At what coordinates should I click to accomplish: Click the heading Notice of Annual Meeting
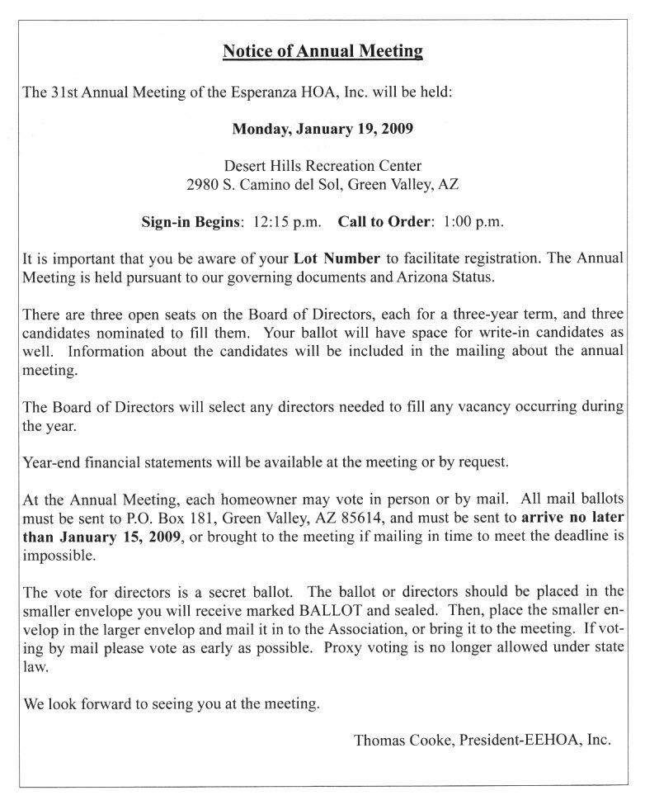pos(322,52)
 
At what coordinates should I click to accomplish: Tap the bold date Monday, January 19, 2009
pos(322,129)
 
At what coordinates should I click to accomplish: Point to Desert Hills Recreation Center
pos(322,165)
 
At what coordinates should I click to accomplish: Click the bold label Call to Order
pos(385,221)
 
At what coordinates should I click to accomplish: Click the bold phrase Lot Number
pos(332,258)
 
